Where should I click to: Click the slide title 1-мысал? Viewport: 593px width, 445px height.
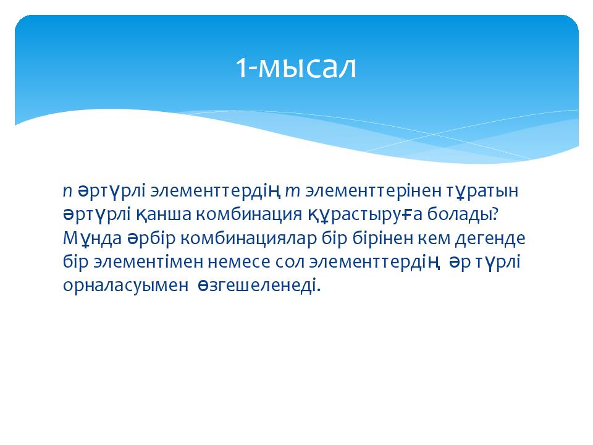click(x=296, y=67)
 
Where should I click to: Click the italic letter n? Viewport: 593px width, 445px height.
click(x=67, y=192)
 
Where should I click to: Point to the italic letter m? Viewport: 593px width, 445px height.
click(x=292, y=192)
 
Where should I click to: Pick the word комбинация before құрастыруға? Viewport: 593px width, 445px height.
click(x=249, y=215)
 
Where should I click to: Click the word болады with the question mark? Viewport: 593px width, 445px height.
click(x=463, y=215)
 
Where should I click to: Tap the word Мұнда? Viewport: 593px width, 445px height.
click(x=92, y=239)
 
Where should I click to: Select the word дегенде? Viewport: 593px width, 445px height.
click(x=490, y=239)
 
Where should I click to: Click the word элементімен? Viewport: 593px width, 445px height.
click(x=148, y=262)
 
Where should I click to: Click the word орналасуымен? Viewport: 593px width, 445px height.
click(x=125, y=286)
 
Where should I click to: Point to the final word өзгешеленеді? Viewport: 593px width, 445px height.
click(x=259, y=286)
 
